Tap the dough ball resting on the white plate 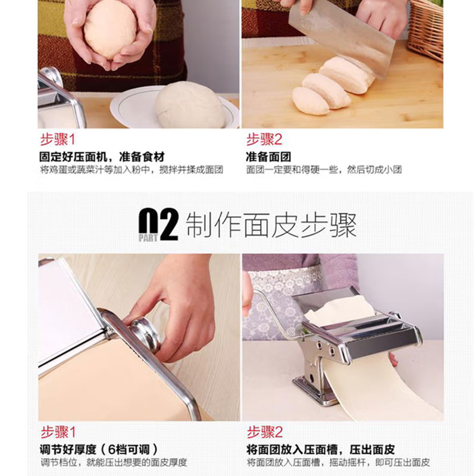click(190, 105)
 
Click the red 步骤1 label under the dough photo click(57, 140)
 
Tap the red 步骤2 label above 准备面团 click(264, 140)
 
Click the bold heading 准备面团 click(268, 157)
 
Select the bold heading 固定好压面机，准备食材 click(102, 157)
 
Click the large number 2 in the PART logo click(168, 225)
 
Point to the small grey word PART click(148, 237)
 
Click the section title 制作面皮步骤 click(271, 225)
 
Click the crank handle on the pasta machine click(273, 313)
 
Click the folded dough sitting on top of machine click(340, 309)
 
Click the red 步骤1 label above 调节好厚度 click(58, 433)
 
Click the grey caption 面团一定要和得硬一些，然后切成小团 click(324, 170)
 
